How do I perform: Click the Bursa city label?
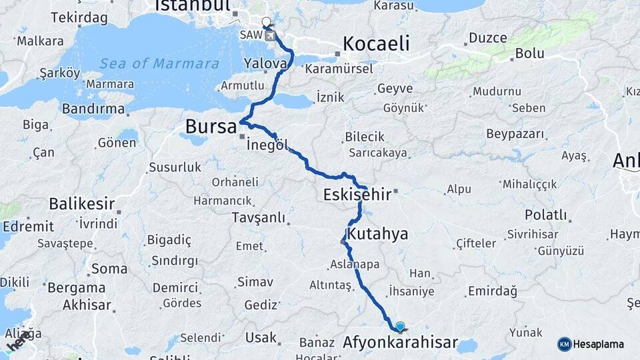point(211,126)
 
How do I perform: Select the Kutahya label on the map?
point(377,234)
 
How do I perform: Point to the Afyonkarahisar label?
point(400,343)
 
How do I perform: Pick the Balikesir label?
point(81,204)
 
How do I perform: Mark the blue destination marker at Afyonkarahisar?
point(399,326)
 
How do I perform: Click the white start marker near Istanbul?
point(267,22)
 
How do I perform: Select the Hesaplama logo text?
point(598,344)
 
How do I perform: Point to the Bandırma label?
point(93,109)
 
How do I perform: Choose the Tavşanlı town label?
point(258,217)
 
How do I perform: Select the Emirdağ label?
point(493,291)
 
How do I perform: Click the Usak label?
point(261,337)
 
